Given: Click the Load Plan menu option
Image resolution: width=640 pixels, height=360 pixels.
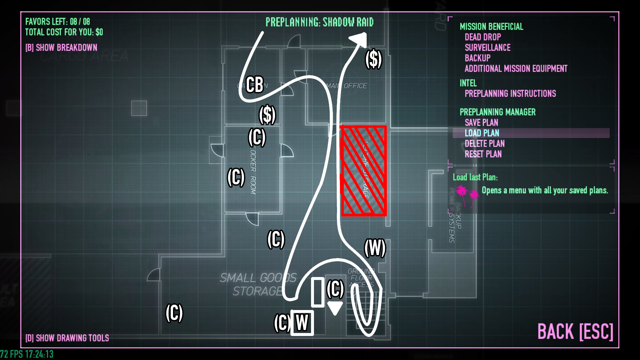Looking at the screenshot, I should (x=482, y=133).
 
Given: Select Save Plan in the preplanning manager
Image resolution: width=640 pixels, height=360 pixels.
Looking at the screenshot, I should (x=481, y=122).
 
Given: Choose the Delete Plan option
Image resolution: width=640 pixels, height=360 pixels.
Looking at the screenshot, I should (x=484, y=144).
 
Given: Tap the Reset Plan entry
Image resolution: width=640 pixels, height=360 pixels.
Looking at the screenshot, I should (x=483, y=154).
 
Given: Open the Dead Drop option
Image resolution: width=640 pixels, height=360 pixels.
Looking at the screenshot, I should (x=483, y=37).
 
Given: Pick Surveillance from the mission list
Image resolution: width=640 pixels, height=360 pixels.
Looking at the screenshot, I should (x=487, y=48).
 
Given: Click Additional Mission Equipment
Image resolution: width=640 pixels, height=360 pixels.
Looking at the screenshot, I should (x=516, y=69).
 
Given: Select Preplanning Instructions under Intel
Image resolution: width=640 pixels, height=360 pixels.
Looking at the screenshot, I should (x=510, y=94).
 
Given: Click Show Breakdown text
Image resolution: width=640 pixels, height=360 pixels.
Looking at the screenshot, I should (x=61, y=48).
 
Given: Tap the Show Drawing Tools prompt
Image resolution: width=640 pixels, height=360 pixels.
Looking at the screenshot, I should (x=67, y=338).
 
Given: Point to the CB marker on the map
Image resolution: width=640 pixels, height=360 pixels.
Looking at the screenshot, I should (x=255, y=84).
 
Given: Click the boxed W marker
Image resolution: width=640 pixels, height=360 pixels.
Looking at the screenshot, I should (x=302, y=323).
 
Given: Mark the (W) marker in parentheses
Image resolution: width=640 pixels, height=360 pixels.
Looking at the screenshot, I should (x=375, y=248).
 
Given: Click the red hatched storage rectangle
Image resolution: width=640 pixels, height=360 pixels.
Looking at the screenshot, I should (x=364, y=171).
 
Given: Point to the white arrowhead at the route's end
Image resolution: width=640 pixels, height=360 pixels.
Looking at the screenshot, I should (x=359, y=39).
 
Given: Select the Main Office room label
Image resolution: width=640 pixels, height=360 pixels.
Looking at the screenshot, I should (x=347, y=86).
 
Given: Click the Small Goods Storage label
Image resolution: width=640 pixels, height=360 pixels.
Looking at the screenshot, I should (x=258, y=284).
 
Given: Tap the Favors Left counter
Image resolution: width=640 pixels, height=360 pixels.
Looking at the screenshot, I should (x=58, y=22).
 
